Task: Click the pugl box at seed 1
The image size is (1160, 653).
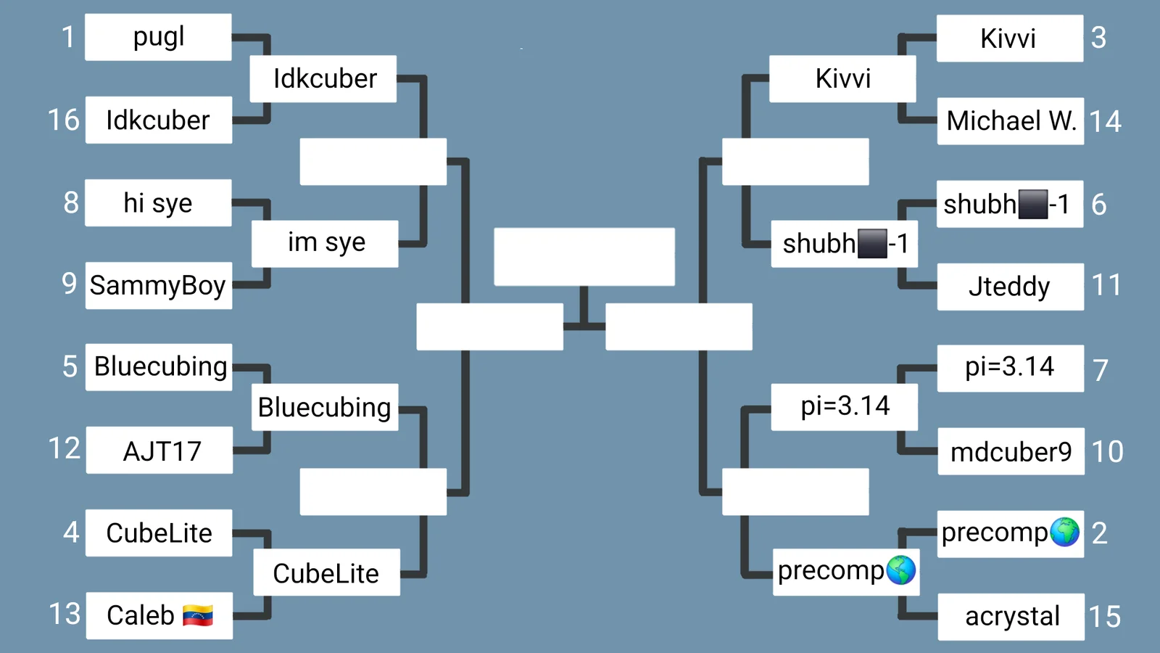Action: click(x=158, y=37)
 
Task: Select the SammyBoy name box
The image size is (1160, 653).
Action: click(x=159, y=286)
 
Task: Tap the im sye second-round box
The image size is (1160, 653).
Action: click(x=325, y=244)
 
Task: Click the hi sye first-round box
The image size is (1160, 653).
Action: click(x=158, y=202)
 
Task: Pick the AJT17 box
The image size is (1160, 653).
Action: click(x=159, y=451)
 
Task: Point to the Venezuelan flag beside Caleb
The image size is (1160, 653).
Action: click(x=197, y=616)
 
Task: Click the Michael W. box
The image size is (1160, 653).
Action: click(x=1011, y=120)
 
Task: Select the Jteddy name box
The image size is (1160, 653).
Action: click(x=1011, y=287)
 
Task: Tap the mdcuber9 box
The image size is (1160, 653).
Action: click(x=1011, y=451)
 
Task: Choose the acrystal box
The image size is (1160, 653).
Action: click(x=1011, y=617)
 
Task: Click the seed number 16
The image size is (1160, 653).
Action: click(x=64, y=120)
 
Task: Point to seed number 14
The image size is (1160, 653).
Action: click(x=1106, y=121)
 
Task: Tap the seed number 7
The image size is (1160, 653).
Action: click(x=1100, y=370)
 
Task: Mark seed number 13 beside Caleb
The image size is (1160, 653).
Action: click(x=65, y=614)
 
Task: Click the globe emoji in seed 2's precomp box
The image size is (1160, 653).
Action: click(x=1065, y=532)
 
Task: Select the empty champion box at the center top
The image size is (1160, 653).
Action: click(x=584, y=257)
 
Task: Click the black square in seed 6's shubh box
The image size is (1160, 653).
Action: click(x=1032, y=204)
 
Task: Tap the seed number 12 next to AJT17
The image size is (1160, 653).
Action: click(x=65, y=448)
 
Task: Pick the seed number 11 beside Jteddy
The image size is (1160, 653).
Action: click(x=1106, y=285)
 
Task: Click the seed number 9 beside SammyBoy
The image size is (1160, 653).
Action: click(x=70, y=284)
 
